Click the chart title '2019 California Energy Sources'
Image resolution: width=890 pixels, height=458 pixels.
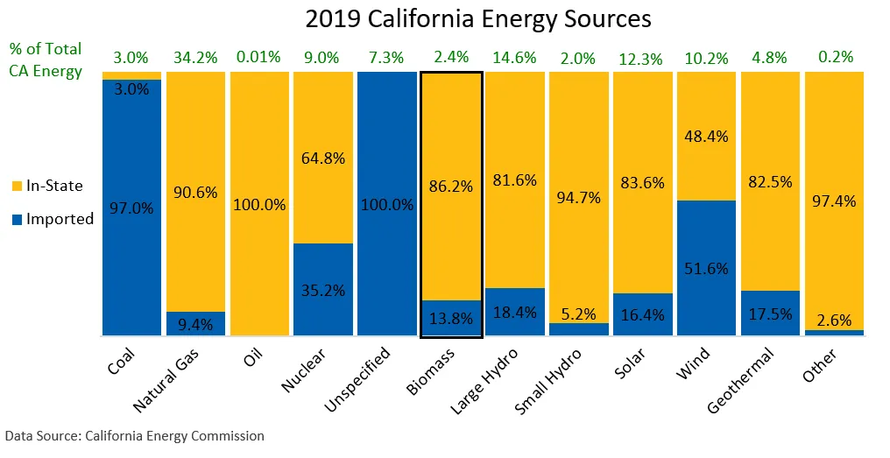tap(478, 18)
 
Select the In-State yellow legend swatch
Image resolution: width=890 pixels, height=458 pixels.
tap(17, 186)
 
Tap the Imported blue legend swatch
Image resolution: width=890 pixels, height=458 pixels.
tap(17, 219)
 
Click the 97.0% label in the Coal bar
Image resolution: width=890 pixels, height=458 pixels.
tap(131, 208)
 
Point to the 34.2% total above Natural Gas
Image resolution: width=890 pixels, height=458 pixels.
tap(195, 58)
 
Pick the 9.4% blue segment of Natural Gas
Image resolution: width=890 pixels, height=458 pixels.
tap(195, 324)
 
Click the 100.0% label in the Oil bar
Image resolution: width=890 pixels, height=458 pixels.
tap(259, 205)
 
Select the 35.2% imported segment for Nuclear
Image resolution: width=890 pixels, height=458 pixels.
tap(323, 290)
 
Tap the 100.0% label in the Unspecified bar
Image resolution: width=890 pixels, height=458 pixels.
tap(386, 205)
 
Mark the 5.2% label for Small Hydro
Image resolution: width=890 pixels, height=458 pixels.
tap(579, 313)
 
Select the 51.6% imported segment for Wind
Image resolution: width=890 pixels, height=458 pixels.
tap(706, 268)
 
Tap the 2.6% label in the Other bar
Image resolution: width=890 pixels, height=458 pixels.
tap(834, 321)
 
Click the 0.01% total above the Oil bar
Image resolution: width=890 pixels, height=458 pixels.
tap(259, 58)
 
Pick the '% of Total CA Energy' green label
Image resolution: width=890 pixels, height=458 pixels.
tap(46, 60)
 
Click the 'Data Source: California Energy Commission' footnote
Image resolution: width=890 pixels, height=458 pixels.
tap(134, 435)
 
